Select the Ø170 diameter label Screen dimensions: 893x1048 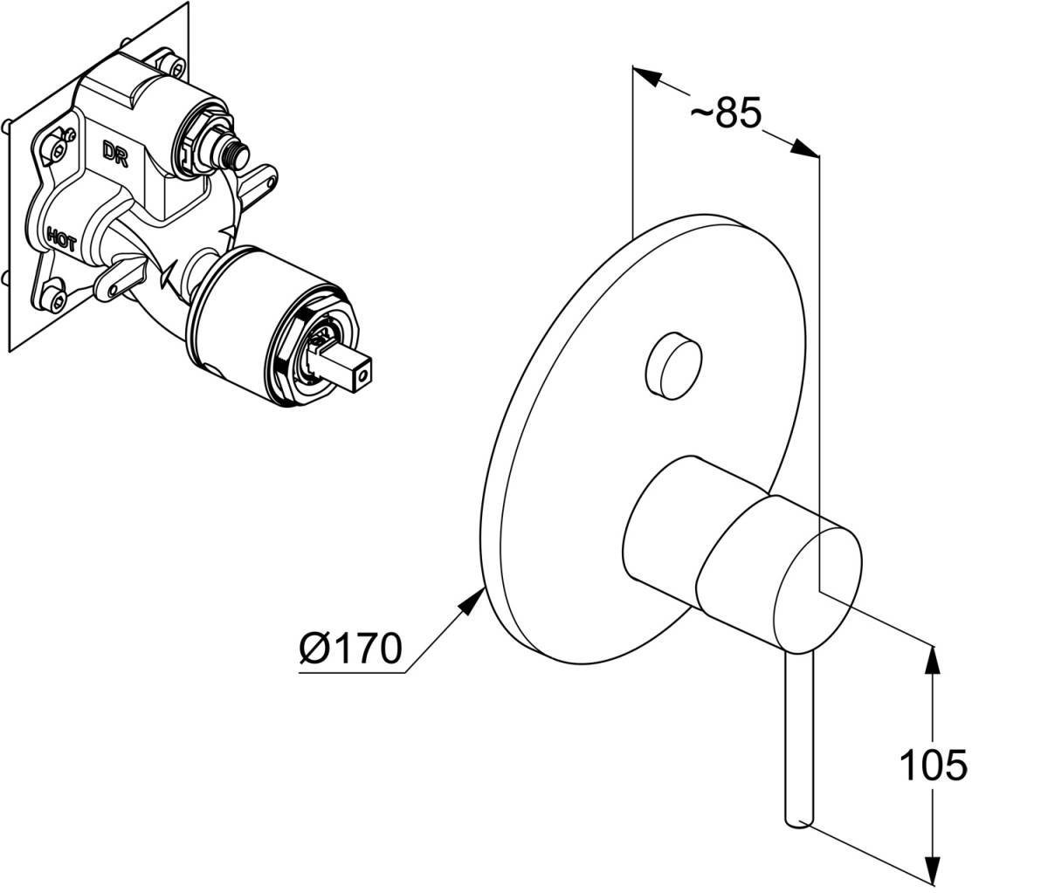[350, 649]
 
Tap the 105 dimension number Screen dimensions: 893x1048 [934, 765]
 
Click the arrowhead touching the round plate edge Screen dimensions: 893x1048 [478, 597]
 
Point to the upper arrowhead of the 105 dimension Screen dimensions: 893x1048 [934, 656]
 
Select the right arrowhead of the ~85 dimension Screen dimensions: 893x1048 [806, 148]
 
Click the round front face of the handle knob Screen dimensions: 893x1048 [817, 574]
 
